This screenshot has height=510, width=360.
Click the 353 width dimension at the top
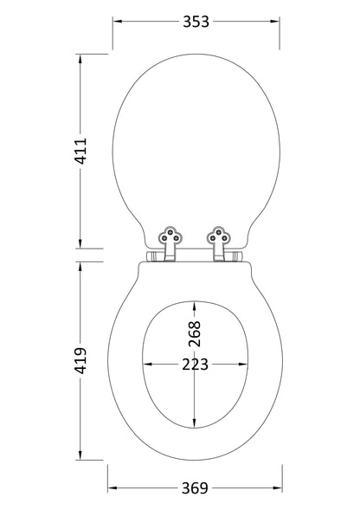196,22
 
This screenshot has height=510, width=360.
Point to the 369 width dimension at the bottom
196,488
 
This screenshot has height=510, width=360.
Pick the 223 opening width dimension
195,365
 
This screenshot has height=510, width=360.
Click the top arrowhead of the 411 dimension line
80,58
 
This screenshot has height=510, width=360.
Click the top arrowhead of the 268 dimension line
195,303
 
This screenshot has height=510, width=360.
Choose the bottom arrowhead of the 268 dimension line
195,425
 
